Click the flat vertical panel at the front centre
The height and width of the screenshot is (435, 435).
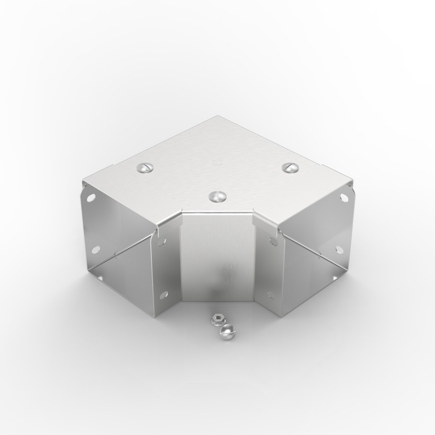217,254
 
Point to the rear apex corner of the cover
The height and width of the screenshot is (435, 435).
217,116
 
